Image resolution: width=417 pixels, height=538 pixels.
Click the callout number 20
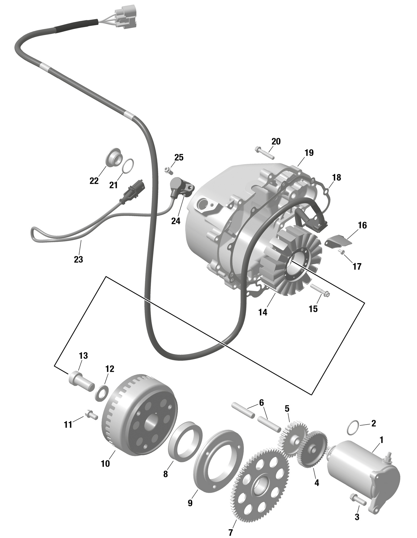coord(276,141)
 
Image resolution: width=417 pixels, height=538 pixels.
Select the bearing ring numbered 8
coord(186,442)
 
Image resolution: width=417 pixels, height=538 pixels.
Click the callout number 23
coord(78,259)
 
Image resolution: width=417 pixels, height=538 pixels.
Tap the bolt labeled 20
coord(264,153)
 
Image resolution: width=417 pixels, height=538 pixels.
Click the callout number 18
coord(336,178)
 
